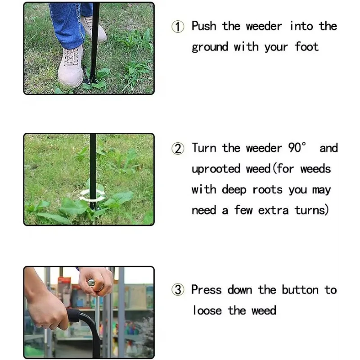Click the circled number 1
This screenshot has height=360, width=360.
[x=178, y=27]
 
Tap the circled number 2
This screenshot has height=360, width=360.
[x=178, y=149]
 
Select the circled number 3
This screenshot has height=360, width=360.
[x=178, y=290]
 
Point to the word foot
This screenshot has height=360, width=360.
[x=306, y=47]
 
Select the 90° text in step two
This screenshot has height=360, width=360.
[x=297, y=148]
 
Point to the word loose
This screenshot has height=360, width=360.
[x=208, y=310]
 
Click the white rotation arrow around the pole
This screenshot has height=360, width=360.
[x=92, y=194]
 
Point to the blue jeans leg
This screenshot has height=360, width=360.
[x=65, y=22]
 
